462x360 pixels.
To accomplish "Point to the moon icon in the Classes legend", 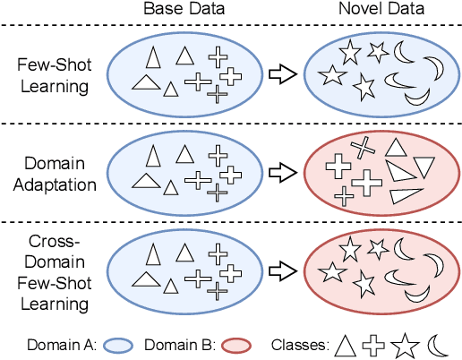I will pos(437,343).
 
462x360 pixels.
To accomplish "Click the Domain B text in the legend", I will pos(183,343).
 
